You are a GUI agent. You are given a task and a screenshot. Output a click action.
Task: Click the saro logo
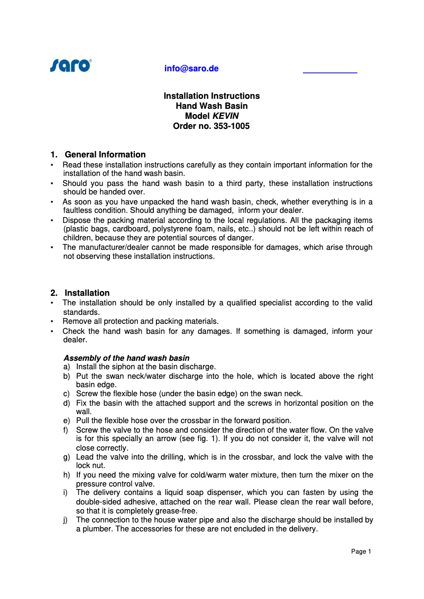coord(71,65)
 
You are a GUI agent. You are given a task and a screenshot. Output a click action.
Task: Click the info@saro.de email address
coord(191,69)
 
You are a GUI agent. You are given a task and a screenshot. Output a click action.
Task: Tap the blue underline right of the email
coord(330,72)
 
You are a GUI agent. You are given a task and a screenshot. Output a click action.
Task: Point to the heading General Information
coord(105,155)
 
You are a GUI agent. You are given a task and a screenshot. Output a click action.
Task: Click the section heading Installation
coord(87,293)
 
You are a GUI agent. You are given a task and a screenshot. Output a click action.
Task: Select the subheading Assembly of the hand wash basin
coord(126,358)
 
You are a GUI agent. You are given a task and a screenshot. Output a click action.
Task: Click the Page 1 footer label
coord(361,551)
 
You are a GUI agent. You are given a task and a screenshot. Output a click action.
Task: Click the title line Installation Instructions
coord(211,96)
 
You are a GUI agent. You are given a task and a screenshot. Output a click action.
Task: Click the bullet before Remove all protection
coord(51,322)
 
